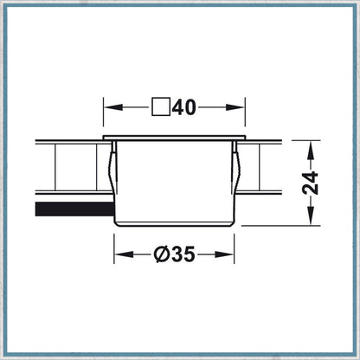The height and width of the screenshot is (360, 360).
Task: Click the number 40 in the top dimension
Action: click(184, 107)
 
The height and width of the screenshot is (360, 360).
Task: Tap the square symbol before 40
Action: click(161, 107)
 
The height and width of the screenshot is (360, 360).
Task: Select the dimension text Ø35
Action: click(174, 254)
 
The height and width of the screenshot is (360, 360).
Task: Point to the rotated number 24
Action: click(310, 183)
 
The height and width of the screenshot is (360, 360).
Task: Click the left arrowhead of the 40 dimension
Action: click(113, 107)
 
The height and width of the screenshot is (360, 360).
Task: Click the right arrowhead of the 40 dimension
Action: click(235, 107)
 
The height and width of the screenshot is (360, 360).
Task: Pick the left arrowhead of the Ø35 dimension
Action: click(125, 254)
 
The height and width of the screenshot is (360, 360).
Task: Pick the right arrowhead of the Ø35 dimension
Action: click(224, 254)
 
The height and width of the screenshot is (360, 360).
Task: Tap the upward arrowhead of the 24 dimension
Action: click(311, 151)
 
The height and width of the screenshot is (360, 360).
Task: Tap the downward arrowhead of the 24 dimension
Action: click(311, 215)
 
